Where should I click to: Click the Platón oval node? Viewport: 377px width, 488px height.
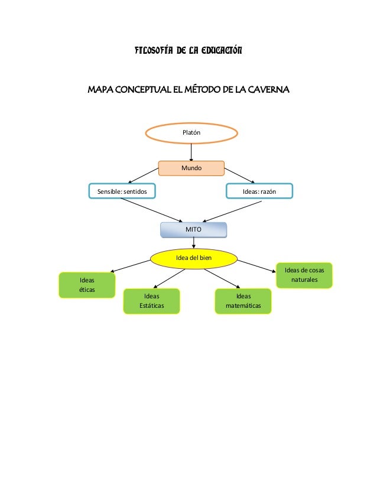point(191,133)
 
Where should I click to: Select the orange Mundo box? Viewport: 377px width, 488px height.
point(191,168)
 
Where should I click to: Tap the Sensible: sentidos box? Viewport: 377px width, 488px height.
point(122,191)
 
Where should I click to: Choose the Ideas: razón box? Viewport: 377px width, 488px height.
point(259,191)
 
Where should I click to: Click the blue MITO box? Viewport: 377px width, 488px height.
point(193,229)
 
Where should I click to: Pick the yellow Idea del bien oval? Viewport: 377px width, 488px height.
point(193,258)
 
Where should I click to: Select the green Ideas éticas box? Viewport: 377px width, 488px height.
point(87,285)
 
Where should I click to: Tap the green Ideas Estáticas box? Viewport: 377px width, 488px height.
point(151,301)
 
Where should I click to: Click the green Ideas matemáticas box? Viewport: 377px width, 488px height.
point(243,301)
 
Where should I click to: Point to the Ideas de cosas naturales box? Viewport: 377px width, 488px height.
point(304,275)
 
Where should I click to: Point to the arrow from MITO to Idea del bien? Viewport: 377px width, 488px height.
point(193,242)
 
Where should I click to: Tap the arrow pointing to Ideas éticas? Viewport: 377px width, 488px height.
point(131,266)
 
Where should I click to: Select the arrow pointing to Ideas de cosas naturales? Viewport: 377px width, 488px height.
point(256,265)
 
